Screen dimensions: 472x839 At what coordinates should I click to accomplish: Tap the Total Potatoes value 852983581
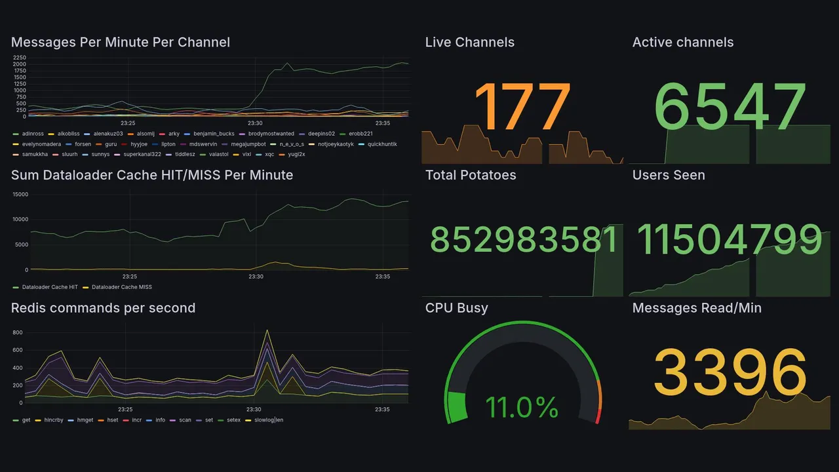click(524, 241)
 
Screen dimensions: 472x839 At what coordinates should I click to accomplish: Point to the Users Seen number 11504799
click(730, 240)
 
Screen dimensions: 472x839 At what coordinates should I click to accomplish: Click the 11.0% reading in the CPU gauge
click(522, 408)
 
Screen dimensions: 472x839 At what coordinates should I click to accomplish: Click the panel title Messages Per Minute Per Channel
click(121, 43)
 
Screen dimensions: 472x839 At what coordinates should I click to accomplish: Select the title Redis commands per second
click(103, 308)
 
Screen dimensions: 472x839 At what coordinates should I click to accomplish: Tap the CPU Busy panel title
click(456, 308)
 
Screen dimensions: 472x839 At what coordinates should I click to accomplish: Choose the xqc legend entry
click(269, 155)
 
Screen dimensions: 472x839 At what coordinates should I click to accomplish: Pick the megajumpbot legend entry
click(248, 144)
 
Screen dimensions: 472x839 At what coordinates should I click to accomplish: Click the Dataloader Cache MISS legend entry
click(121, 287)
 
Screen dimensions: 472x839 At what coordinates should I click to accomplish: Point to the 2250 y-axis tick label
click(19, 58)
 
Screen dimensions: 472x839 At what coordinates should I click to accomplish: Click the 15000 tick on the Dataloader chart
click(20, 194)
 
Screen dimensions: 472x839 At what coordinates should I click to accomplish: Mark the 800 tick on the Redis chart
click(18, 333)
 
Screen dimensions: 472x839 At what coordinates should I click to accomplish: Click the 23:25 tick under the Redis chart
click(128, 410)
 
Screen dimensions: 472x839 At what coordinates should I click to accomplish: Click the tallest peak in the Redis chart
click(267, 330)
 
